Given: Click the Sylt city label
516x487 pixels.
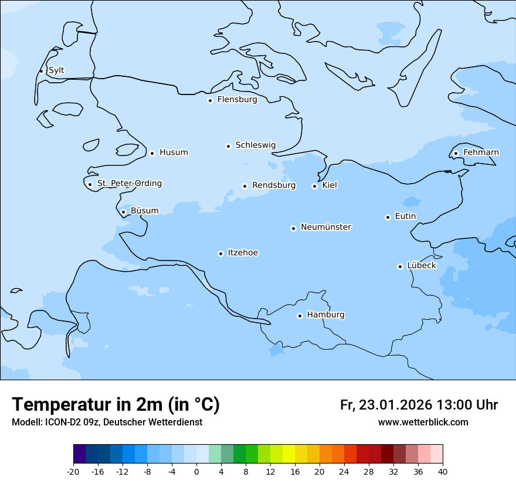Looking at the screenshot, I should [x=56, y=70].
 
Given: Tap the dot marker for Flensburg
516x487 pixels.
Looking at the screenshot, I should [x=210, y=100].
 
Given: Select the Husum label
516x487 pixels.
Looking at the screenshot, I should [x=174, y=153].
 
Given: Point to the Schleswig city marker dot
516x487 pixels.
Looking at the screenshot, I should [x=228, y=146].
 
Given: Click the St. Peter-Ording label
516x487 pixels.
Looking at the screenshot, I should [x=130, y=184].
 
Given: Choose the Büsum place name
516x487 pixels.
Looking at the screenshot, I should [x=144, y=211].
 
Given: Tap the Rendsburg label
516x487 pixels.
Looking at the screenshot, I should [x=274, y=185].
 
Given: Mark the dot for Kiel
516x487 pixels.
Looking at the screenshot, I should [x=314, y=186].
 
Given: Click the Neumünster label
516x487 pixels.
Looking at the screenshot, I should [x=326, y=227].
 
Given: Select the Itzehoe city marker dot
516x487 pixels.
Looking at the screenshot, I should [x=220, y=253].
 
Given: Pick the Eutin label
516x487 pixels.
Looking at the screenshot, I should [x=405, y=217].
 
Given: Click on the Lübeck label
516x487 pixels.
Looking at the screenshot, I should [x=422, y=266].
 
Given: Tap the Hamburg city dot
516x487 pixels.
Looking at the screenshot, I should [x=300, y=316].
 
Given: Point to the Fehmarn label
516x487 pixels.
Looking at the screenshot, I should [x=481, y=153].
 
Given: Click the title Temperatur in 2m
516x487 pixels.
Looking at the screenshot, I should [x=116, y=405].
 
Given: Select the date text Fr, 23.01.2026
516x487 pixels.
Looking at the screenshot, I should [x=386, y=405].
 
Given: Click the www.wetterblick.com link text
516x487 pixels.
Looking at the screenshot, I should [x=423, y=422].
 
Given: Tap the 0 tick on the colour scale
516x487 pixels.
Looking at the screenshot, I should [x=196, y=471].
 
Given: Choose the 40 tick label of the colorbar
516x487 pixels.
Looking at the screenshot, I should [x=442, y=471].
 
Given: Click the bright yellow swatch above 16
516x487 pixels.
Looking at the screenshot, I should [x=288, y=454].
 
